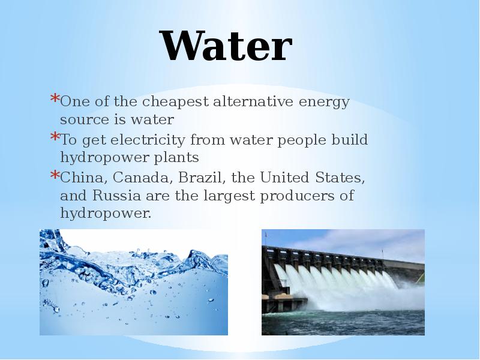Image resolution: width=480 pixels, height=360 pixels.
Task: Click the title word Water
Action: coord(226,47)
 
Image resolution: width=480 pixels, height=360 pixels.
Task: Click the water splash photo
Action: coord(133,282)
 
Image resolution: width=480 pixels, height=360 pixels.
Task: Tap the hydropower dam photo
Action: coord(343,282)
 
